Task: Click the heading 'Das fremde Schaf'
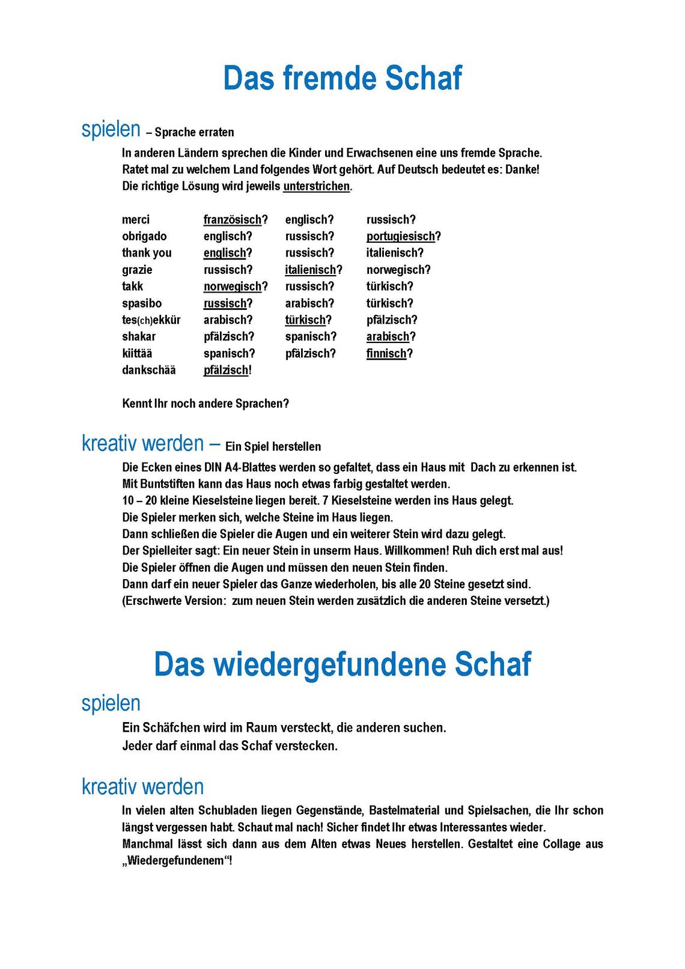[x=342, y=78]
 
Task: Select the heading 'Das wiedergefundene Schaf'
[x=342, y=664]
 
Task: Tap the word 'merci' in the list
[x=136, y=220]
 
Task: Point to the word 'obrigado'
[x=144, y=237]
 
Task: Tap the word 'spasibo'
[x=142, y=303]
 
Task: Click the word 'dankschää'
[x=148, y=370]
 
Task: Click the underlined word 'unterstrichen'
[x=316, y=186]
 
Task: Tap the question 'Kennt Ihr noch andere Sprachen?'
[x=205, y=404]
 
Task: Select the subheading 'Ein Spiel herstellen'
[x=273, y=446]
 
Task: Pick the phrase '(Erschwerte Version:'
[x=174, y=601]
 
